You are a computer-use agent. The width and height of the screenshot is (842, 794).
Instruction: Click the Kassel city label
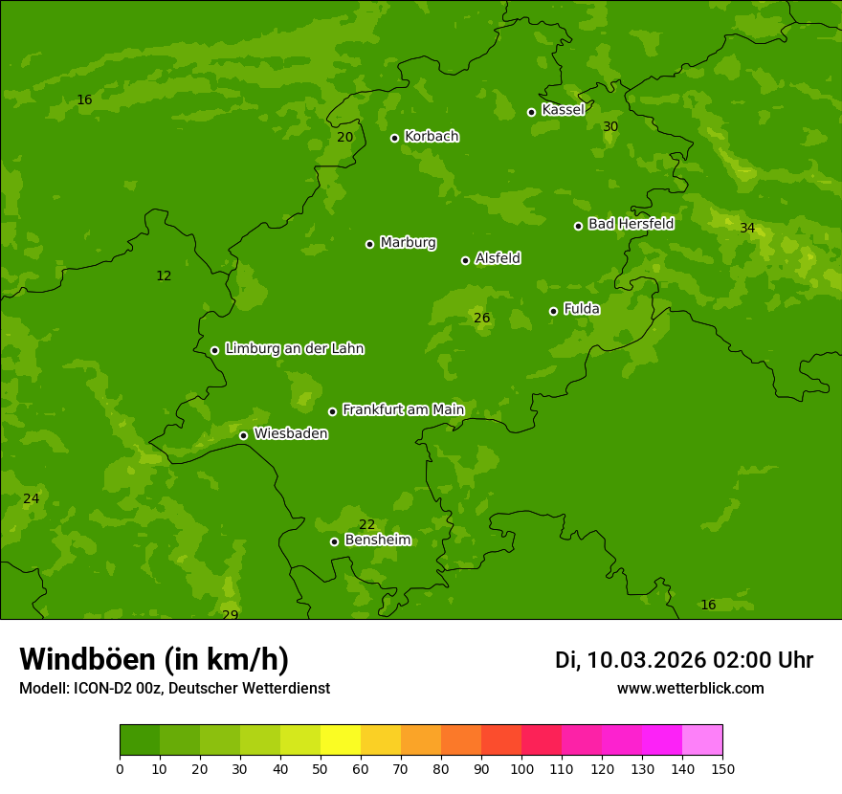(563, 110)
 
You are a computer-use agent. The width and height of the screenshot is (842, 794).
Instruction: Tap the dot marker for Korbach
(394, 138)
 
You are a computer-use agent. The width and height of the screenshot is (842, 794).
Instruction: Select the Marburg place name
(408, 243)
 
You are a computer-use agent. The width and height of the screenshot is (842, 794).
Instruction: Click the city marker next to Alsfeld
(465, 260)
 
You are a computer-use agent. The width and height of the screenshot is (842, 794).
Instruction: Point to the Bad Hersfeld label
(631, 224)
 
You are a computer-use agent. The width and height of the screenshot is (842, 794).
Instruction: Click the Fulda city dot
(553, 311)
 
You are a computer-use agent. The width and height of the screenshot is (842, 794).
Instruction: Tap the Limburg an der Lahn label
(294, 349)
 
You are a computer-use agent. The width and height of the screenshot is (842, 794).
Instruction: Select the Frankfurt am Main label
(403, 410)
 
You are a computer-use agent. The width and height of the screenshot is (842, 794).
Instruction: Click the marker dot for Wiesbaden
(243, 435)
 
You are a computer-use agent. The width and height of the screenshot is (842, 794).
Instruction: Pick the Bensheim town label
(377, 540)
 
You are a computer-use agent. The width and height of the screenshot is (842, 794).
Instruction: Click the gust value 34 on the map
(747, 229)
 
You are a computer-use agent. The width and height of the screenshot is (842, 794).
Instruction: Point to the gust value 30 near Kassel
(610, 127)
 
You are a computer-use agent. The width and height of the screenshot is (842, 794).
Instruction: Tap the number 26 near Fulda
(482, 319)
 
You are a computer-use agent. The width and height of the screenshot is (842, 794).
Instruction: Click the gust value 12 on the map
(164, 276)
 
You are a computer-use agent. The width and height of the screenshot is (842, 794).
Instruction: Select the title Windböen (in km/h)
(154, 659)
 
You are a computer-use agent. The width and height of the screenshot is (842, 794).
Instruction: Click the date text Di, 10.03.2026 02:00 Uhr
(684, 660)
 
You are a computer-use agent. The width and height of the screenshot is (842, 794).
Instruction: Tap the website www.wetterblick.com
(690, 689)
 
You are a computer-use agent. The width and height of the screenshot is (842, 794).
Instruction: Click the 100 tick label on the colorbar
(521, 768)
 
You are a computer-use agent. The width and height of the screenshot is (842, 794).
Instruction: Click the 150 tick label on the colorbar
(722, 768)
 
